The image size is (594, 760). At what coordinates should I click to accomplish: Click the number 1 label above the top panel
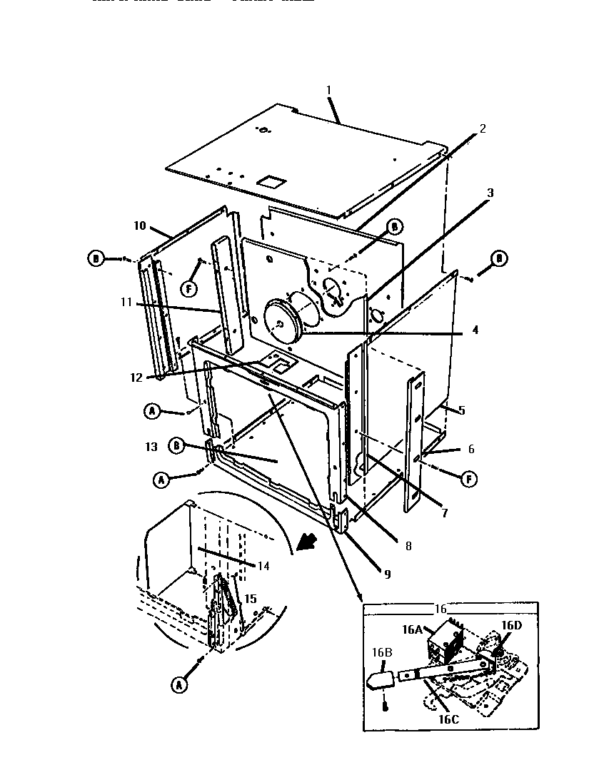click(x=328, y=90)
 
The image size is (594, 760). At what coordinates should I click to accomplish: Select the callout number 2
click(x=483, y=128)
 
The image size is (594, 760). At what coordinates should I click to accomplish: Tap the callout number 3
click(x=490, y=193)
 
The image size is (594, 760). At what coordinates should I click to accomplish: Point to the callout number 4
click(x=475, y=330)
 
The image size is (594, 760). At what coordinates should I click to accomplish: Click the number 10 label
click(x=139, y=226)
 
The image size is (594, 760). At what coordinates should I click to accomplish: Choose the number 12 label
click(x=136, y=377)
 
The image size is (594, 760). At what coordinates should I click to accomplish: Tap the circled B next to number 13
click(x=176, y=446)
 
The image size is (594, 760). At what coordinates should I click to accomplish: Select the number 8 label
click(x=408, y=547)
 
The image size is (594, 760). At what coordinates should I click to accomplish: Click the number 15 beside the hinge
click(x=251, y=599)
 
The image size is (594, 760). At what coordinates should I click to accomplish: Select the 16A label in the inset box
click(x=413, y=629)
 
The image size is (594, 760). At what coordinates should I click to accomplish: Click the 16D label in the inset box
click(x=511, y=625)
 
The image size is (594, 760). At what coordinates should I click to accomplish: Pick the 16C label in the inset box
click(x=448, y=719)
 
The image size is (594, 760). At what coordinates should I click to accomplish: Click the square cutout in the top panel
click(x=270, y=181)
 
